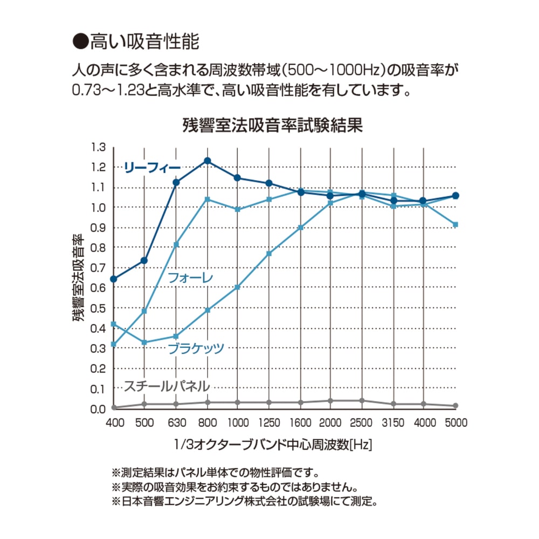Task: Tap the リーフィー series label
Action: [152, 168]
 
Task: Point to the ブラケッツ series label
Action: [196, 348]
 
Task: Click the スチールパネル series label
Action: [167, 386]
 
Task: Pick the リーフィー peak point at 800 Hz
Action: [208, 161]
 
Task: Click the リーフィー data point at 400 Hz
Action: [114, 279]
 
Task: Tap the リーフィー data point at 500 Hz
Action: [144, 260]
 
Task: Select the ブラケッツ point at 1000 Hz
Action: [238, 287]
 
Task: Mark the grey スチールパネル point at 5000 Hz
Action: [455, 405]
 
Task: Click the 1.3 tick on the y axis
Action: [99, 147]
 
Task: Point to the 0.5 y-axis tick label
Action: [99, 308]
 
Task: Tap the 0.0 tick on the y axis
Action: [99, 409]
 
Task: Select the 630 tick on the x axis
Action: [176, 422]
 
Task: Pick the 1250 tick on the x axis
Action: [269, 422]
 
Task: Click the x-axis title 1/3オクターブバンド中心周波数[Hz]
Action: [273, 445]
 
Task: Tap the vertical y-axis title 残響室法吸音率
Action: [79, 278]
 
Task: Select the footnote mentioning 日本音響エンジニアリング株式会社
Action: [244, 501]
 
